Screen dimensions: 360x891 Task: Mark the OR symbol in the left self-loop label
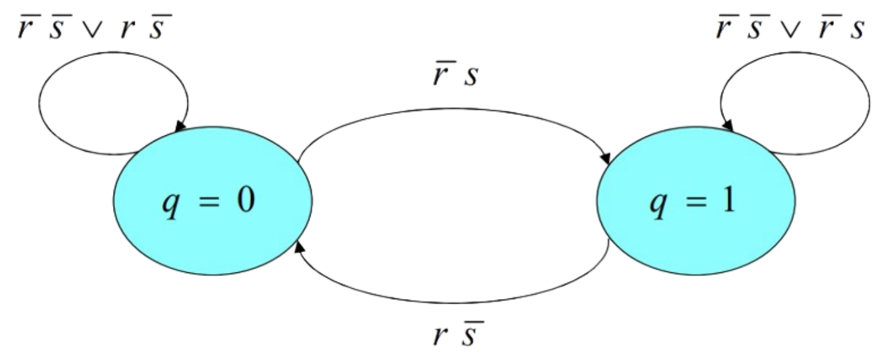[x=91, y=29]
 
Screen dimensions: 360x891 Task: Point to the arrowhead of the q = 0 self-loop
[x=180, y=127]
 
